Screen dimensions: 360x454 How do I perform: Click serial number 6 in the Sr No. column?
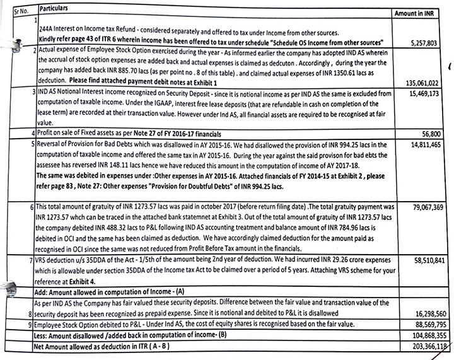32,207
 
